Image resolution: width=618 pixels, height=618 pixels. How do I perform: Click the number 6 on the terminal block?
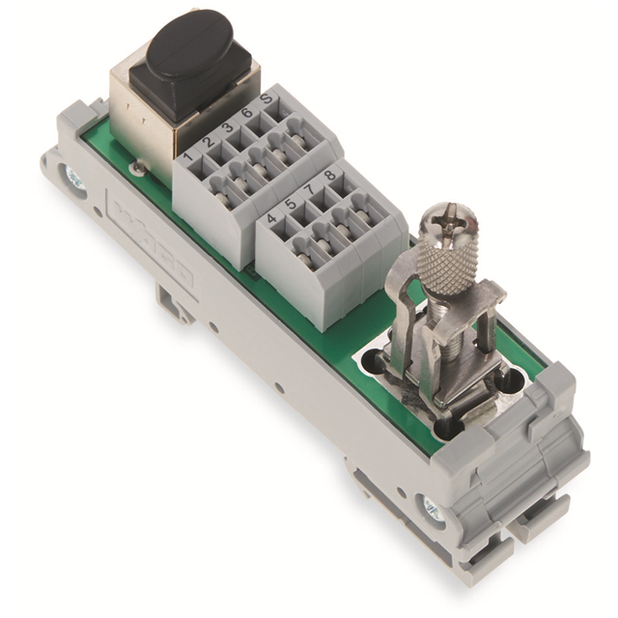coord(247,114)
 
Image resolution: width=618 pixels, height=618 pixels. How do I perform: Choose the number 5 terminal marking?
coord(293,205)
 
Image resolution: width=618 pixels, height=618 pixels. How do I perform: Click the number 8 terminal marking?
coord(331,177)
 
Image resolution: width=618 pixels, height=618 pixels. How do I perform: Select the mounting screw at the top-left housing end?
coord(71,177)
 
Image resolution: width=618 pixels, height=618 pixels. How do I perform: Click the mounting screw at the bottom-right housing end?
coord(431,507)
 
